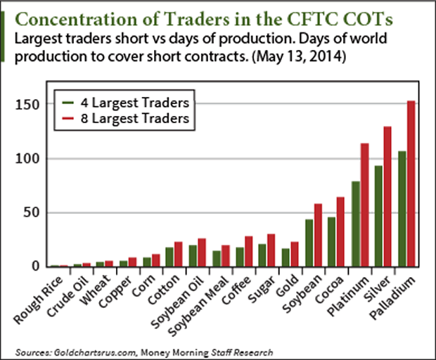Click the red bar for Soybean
(x=318, y=235)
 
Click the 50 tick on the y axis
(x=30, y=212)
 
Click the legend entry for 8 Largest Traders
(x=119, y=119)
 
